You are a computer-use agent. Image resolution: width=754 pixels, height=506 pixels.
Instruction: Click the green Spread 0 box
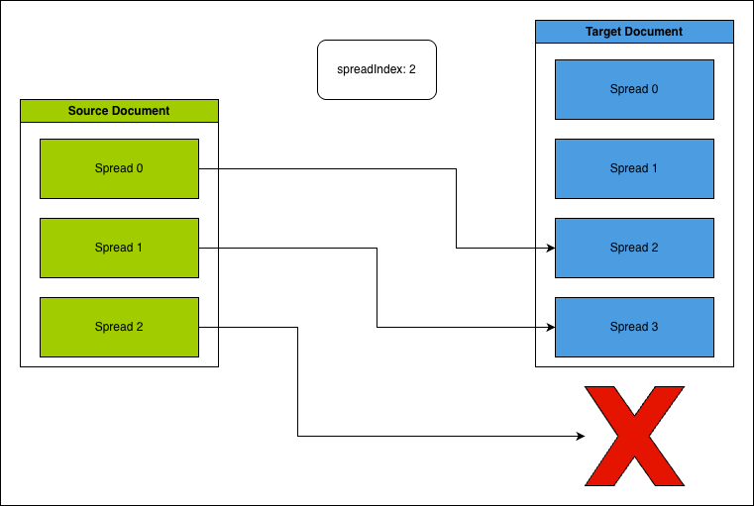(119, 168)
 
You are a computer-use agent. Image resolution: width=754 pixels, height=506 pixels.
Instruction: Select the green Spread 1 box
(119, 248)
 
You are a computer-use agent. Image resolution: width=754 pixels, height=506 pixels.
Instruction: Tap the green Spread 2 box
(119, 327)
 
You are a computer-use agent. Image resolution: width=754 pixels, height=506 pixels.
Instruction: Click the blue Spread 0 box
(634, 89)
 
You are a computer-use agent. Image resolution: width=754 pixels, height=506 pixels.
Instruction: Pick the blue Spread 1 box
(634, 168)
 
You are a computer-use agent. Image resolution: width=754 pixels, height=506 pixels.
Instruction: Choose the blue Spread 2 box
(634, 248)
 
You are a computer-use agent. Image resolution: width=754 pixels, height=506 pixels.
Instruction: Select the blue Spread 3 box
(634, 327)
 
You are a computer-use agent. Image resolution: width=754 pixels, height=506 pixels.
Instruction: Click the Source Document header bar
(119, 111)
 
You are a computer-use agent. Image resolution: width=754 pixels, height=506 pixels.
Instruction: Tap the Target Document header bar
(634, 32)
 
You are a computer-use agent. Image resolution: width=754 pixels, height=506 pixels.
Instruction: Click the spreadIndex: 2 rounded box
(377, 69)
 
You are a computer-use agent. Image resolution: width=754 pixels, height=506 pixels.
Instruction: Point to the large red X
(634, 436)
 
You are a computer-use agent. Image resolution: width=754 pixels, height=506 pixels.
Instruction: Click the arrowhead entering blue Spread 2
(549, 248)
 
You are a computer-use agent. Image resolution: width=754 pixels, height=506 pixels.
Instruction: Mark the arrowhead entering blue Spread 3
(549, 327)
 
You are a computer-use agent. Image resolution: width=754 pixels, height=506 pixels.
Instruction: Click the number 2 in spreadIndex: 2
(411, 69)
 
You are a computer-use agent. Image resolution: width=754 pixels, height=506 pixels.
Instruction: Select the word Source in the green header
(88, 111)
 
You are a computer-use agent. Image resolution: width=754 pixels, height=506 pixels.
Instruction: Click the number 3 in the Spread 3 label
(654, 327)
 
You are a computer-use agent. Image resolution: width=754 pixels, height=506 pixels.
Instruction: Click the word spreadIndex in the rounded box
(371, 69)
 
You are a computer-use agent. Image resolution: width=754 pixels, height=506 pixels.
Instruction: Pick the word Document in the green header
(141, 111)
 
